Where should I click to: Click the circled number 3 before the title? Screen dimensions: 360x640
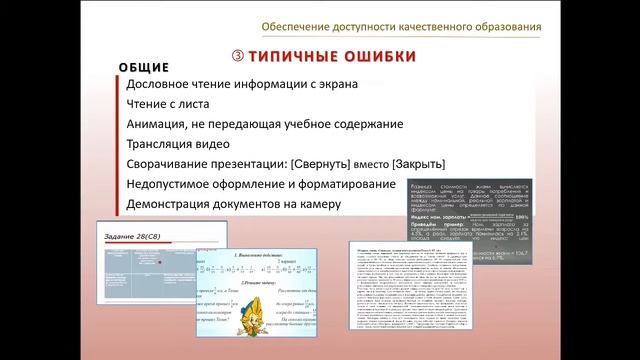point(237,56)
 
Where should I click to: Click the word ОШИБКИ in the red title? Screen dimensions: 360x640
point(376,56)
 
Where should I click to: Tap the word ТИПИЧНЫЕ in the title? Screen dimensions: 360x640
point(291,56)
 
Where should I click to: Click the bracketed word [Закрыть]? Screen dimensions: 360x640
point(418,164)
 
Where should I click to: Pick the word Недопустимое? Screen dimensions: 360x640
point(176,184)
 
